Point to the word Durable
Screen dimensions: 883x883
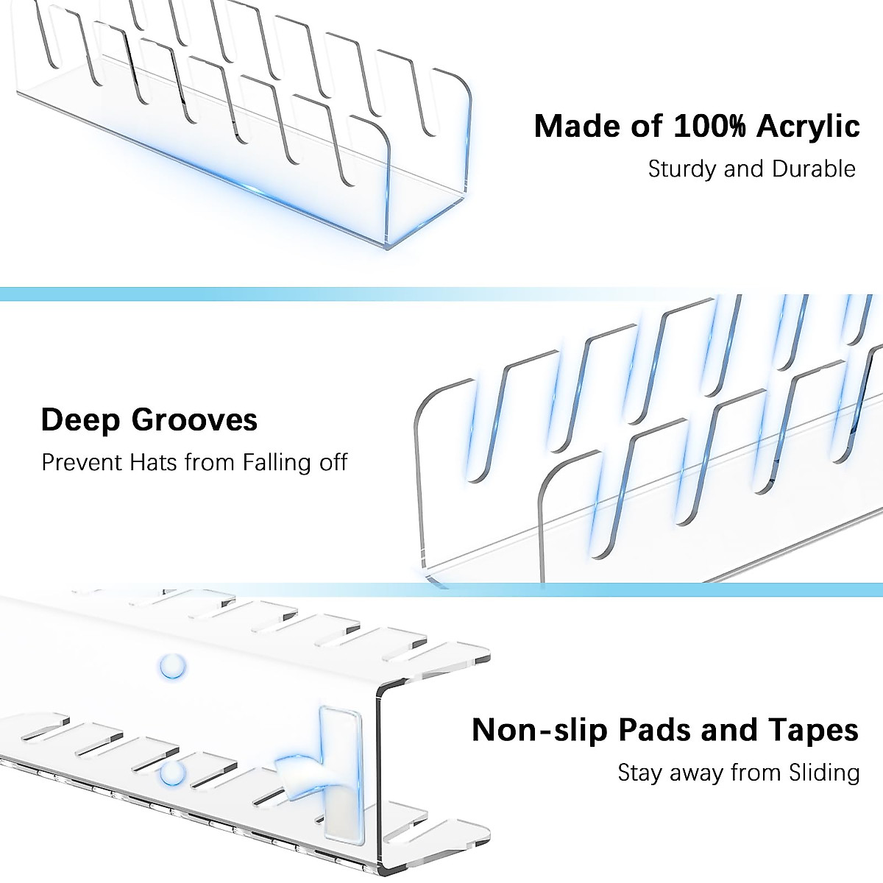814,169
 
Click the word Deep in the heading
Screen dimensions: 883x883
79,420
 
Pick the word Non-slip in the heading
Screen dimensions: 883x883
529,730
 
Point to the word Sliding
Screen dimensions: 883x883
822,773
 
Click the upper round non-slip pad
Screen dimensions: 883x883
171,667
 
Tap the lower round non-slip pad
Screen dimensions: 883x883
172,772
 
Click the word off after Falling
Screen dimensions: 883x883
331,463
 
